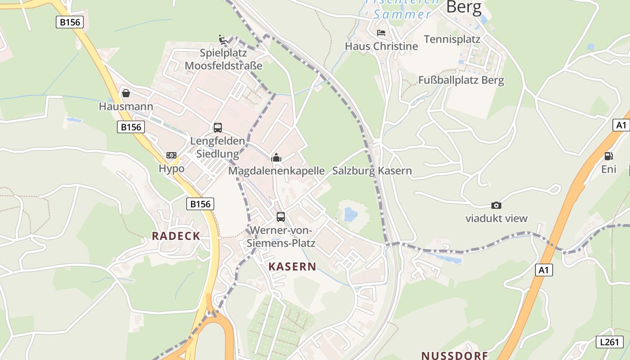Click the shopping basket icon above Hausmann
[126, 93]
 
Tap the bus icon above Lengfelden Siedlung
[218, 127]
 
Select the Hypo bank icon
[171, 155]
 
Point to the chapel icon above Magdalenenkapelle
[276, 157]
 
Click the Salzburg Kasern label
[372, 171]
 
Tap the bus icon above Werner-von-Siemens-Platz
[281, 217]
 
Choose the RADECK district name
[175, 236]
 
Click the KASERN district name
[292, 266]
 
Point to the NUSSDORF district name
[454, 355]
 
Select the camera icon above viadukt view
[496, 205]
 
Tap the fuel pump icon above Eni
[608, 156]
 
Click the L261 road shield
[609, 342]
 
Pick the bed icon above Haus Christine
[381, 33]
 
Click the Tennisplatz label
[452, 39]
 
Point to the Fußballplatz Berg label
[461, 81]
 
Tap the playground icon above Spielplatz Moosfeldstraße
[223, 39]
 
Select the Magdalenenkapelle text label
[276, 171]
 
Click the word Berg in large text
[463, 8]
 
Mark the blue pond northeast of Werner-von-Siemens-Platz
[351, 214]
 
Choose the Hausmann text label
[126, 107]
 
